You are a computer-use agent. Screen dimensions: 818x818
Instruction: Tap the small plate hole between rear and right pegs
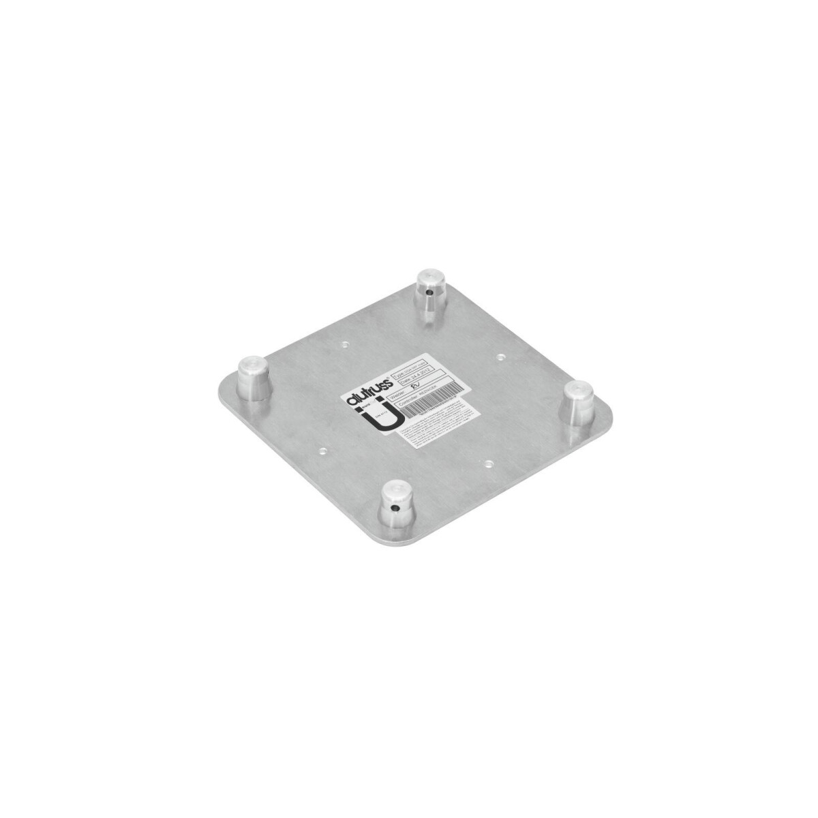tap(502, 356)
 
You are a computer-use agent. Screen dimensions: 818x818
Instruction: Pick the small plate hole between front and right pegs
tap(488, 463)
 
